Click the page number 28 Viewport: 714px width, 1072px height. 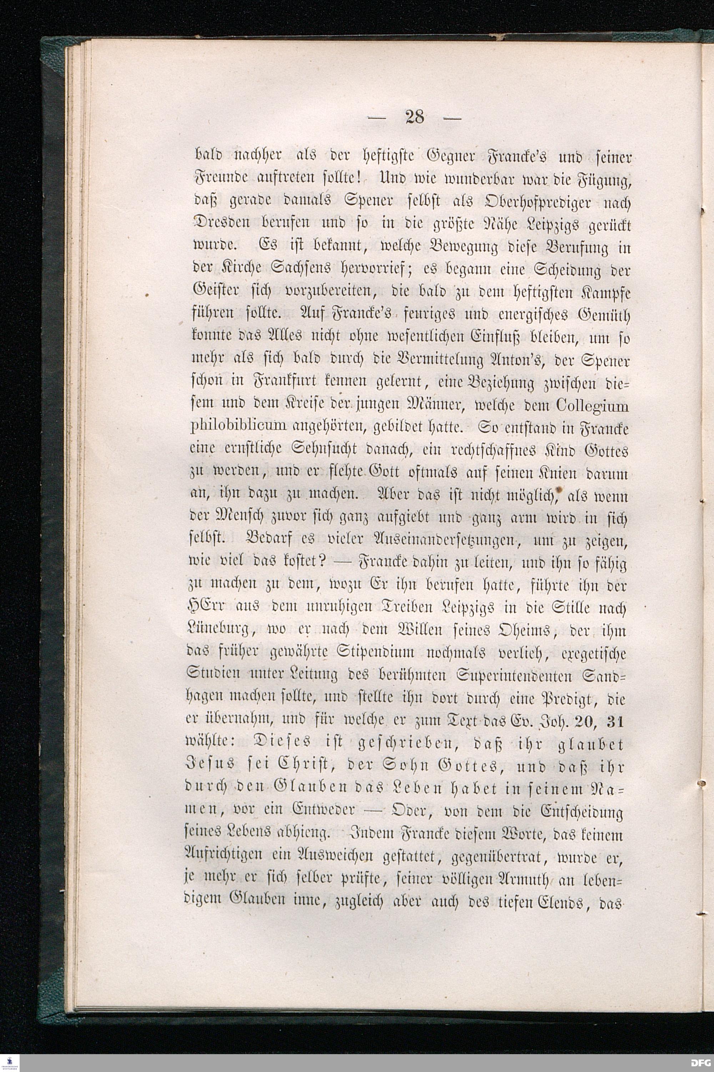414,118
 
